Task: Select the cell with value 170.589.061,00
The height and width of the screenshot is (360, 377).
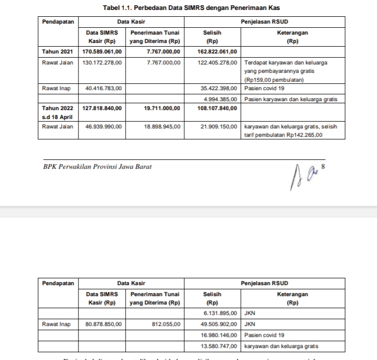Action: [102, 52]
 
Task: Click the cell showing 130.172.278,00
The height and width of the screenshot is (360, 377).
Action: [102, 62]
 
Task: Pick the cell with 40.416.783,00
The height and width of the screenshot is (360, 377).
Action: [103, 89]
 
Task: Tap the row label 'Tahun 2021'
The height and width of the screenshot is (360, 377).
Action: [58, 52]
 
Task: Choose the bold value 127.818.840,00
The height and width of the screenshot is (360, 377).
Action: [102, 108]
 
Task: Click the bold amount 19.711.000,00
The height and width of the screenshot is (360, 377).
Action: [162, 108]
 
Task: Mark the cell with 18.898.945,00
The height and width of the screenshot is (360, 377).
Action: [162, 126]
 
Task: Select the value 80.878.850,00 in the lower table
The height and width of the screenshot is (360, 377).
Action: [103, 324]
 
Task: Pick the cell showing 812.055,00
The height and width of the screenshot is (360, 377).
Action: [166, 324]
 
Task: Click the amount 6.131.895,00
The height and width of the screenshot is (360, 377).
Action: [221, 313]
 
